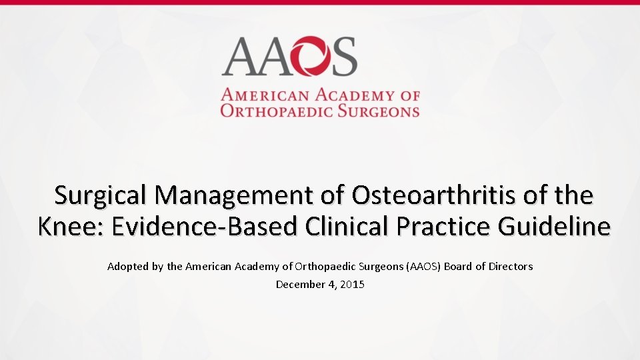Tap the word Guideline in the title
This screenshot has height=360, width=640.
pos(555,227)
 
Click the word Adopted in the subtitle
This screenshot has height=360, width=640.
pos(126,267)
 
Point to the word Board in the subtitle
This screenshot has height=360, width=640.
pos(458,267)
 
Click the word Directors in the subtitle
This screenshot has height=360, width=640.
pos(511,267)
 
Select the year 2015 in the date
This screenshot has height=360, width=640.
pos(352,285)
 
